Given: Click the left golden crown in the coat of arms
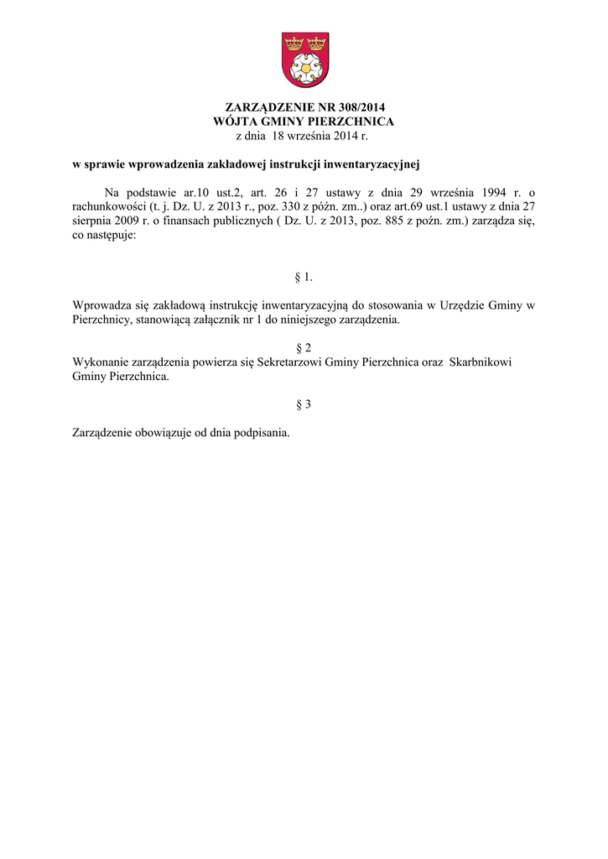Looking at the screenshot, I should tap(294, 42).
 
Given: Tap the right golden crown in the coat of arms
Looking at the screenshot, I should tap(315, 42).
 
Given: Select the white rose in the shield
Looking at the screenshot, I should tap(304, 66).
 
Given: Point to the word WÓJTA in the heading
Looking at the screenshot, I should tap(237, 122).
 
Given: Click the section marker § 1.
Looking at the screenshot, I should tap(304, 277).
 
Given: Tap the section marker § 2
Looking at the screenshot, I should tap(304, 347).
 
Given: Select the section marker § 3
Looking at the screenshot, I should tap(304, 404).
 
